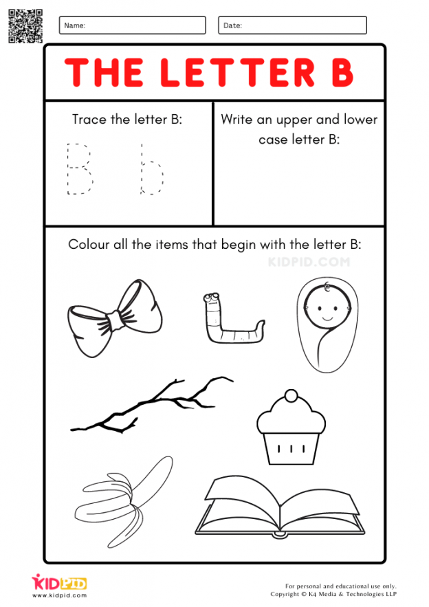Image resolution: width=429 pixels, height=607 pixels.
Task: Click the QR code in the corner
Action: pyautogui.click(x=25, y=26)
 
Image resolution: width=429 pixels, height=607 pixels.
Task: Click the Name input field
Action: pyautogui.click(x=132, y=25)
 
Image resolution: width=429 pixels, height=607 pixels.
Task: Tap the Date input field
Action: pyautogui.click(x=292, y=25)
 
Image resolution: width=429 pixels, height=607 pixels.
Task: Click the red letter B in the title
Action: pyautogui.click(x=341, y=71)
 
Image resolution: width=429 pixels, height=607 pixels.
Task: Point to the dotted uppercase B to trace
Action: pyautogui.click(x=78, y=168)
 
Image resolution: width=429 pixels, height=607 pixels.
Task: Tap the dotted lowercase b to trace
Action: pyautogui.click(x=151, y=169)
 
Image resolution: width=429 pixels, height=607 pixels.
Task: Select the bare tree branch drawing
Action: pyautogui.click(x=151, y=406)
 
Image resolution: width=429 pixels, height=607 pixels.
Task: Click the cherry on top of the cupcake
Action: pyautogui.click(x=291, y=395)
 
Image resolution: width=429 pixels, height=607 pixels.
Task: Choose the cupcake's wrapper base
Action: pyautogui.click(x=289, y=446)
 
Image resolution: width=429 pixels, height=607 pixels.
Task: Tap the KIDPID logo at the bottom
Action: pyautogui.click(x=59, y=583)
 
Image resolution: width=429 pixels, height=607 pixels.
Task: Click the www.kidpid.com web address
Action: pyautogui.click(x=59, y=595)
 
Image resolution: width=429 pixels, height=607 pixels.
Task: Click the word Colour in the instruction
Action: pyautogui.click(x=87, y=245)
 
